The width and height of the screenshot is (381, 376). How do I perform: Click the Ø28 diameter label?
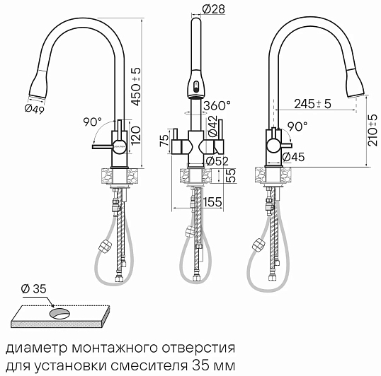[x=213, y=9]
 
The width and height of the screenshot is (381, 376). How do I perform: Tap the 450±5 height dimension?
[x=135, y=87]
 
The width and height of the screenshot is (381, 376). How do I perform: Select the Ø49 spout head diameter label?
[x=35, y=109]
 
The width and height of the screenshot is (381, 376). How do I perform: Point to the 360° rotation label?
[x=217, y=106]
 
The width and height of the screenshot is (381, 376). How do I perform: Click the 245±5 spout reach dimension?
[x=313, y=104]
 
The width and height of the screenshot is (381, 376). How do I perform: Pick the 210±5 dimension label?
[x=373, y=131]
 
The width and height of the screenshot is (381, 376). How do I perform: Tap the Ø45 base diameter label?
[x=293, y=157]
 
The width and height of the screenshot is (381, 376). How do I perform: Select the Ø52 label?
[x=217, y=161]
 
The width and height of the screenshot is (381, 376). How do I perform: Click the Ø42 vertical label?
[x=212, y=126]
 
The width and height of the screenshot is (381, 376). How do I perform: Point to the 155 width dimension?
[x=212, y=201]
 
